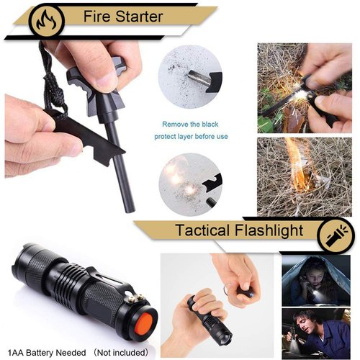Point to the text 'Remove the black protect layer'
197,130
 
